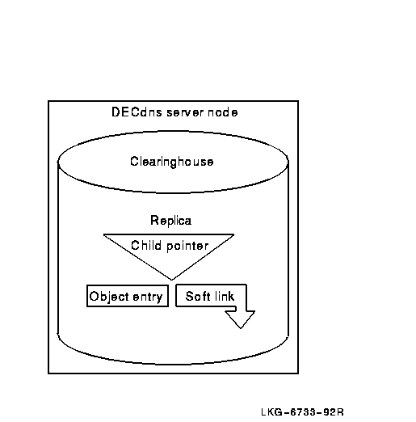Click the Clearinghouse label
point(172,162)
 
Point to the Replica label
point(170,221)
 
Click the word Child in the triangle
point(146,245)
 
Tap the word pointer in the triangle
point(187,247)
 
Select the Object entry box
point(128,296)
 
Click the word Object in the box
point(109,297)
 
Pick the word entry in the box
point(148,298)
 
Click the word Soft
point(198,296)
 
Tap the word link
point(225,296)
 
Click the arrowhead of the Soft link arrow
point(241,319)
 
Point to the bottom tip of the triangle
point(171,280)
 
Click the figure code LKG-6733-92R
point(302,412)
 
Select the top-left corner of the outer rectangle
point(48,101)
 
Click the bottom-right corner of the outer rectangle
point(298,373)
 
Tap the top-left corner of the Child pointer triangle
point(104,234)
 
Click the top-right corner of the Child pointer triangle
point(233,234)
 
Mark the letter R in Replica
point(154,220)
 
